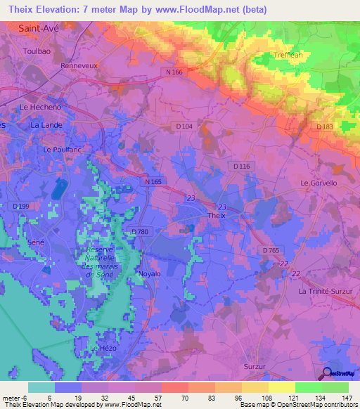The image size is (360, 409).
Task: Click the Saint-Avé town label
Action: click(x=38, y=30)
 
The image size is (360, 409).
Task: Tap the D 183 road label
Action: click(x=324, y=126)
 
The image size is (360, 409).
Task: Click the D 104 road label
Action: click(x=184, y=126)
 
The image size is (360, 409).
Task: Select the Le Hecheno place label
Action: click(x=40, y=107)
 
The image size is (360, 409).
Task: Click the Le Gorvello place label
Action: click(x=319, y=183)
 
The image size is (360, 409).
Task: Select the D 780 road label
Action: click(x=140, y=232)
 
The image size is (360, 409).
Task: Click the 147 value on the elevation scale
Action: click(x=345, y=397)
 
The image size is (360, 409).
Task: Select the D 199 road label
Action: click(x=22, y=206)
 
